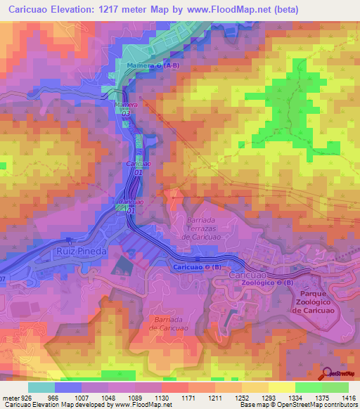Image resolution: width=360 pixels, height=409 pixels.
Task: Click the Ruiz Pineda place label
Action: pyautogui.click(x=82, y=250)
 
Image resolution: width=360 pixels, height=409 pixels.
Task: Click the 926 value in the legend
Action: pyautogui.click(x=26, y=397)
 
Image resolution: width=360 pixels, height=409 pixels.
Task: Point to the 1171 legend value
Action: pyautogui.click(x=188, y=397)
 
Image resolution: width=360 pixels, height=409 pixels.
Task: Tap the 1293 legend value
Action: pyautogui.click(x=269, y=397)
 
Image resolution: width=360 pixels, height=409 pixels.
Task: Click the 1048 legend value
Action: pyautogui.click(x=108, y=397)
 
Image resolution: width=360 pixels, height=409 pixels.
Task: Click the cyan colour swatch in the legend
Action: pyautogui.click(x=41, y=387)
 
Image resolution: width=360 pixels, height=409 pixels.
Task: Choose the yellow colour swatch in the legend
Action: pyautogui.click(x=282, y=387)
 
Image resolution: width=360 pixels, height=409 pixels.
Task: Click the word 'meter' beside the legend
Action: pyautogui.click(x=9, y=397)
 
